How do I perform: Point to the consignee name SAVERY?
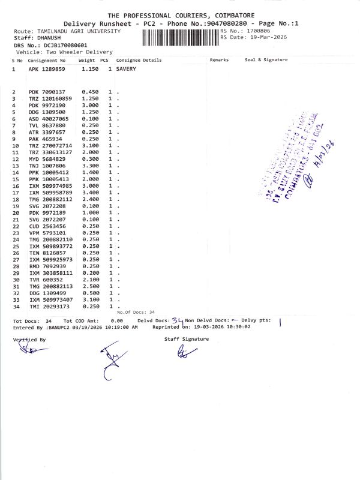(x=126, y=69)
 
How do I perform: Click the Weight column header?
(x=87, y=60)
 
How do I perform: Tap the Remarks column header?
(x=220, y=60)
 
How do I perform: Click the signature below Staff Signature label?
(x=183, y=353)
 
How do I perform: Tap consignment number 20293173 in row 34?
(x=57, y=307)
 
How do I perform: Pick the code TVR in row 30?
(x=34, y=280)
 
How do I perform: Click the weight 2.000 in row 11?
(x=89, y=152)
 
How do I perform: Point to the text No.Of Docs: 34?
(x=136, y=313)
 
